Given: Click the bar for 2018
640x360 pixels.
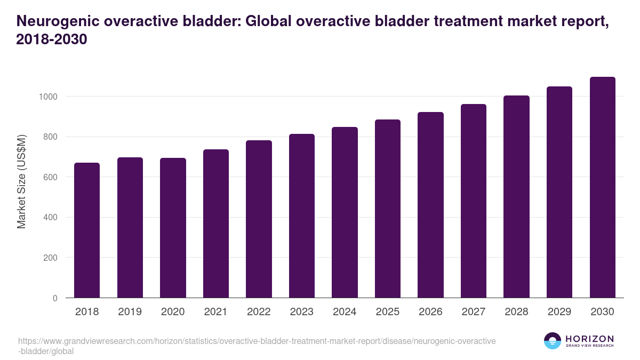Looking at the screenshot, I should pyautogui.click(x=87, y=230).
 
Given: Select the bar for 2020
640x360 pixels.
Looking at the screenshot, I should pyautogui.click(x=173, y=228).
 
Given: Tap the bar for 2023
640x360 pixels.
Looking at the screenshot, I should pyautogui.click(x=302, y=216).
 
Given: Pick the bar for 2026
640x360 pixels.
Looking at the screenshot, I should pyautogui.click(x=430, y=205).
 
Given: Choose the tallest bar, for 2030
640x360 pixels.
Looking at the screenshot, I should pyautogui.click(x=603, y=187).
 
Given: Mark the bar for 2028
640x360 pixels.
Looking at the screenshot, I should pyautogui.click(x=516, y=197).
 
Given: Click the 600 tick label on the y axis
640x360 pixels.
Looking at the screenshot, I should pyautogui.click(x=50, y=177).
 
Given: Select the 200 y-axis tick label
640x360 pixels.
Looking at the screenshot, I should pyautogui.click(x=50, y=258).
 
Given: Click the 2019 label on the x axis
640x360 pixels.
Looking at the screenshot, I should pyautogui.click(x=130, y=312).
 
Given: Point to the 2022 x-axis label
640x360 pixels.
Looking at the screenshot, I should pyautogui.click(x=259, y=312).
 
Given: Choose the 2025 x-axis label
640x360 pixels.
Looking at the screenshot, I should pyautogui.click(x=388, y=312).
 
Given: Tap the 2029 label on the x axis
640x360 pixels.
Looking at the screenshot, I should pyautogui.click(x=559, y=312).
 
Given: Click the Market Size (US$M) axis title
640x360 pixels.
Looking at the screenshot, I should pyautogui.click(x=21, y=181).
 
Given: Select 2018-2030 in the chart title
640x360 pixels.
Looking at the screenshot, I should pyautogui.click(x=52, y=39).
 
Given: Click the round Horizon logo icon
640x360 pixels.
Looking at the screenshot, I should pyautogui.click(x=552, y=341).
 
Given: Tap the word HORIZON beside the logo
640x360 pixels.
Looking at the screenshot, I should pyautogui.click(x=589, y=339).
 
